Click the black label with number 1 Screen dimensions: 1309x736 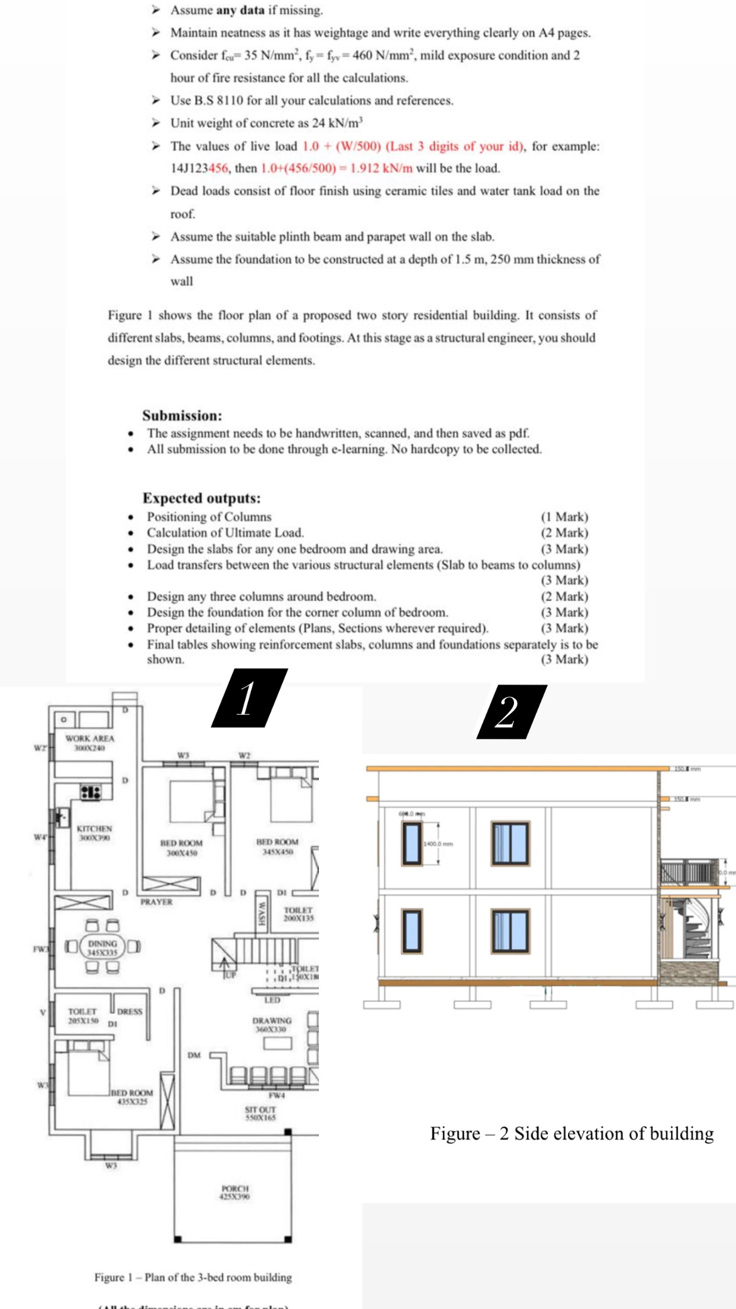click(248, 698)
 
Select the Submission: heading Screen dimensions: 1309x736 click(182, 415)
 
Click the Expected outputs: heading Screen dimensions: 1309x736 click(201, 498)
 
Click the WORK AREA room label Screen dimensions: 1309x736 click(90, 743)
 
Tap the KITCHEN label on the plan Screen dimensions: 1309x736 click(94, 833)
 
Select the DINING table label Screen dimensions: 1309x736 click(103, 948)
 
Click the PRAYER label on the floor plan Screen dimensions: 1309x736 click(156, 902)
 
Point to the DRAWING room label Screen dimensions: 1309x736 click(272, 1025)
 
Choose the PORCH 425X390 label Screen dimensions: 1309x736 click(235, 1193)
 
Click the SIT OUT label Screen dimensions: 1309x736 click(260, 1113)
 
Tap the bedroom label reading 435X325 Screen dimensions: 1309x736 click(132, 1097)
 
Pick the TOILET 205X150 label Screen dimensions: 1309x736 click(82, 1016)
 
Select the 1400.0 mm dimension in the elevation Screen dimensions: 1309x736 click(438, 844)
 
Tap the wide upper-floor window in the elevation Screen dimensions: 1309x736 click(510, 843)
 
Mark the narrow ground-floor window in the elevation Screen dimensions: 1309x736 click(412, 930)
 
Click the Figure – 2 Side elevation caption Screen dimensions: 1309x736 click(571, 1133)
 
